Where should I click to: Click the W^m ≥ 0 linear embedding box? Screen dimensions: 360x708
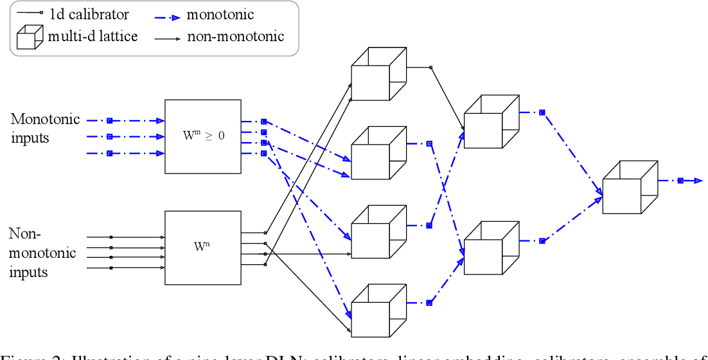[203, 136]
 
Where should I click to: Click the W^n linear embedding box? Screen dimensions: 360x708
[203, 247]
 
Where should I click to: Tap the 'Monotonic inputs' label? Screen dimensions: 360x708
[45, 129]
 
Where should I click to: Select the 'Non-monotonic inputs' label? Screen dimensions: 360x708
[42, 253]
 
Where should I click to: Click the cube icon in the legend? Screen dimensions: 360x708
[30, 37]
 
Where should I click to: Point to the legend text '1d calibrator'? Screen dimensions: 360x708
[89, 14]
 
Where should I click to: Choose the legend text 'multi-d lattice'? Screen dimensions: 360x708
[93, 36]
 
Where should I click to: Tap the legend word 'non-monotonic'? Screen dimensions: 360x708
[235, 37]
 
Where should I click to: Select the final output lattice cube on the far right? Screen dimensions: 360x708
[630, 187]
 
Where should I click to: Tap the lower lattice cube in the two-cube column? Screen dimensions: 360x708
[491, 249]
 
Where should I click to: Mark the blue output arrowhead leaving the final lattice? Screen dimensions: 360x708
[696, 181]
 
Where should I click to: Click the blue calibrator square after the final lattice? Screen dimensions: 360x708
[680, 181]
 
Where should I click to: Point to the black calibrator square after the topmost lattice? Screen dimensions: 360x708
[430, 67]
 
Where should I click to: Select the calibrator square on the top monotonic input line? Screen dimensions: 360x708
[109, 120]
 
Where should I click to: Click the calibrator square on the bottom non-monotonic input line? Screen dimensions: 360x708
[111, 268]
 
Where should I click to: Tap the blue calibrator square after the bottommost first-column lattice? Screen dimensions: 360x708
[429, 303]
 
